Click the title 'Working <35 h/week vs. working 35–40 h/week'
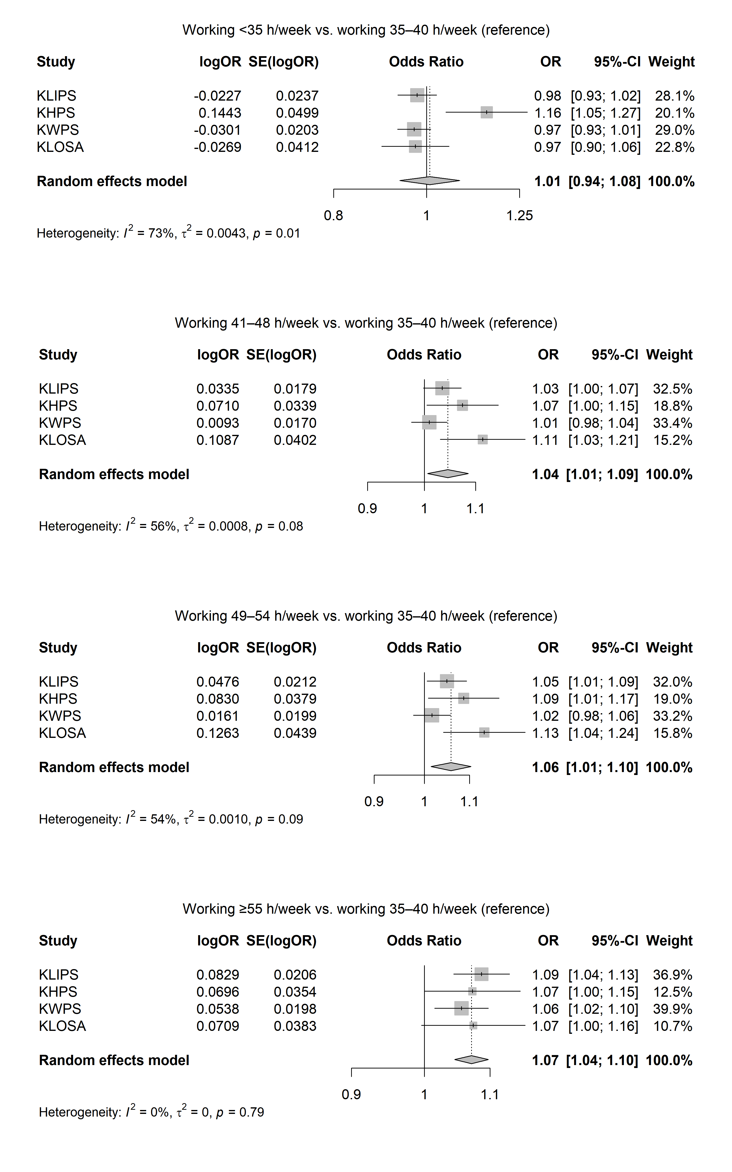(366, 30)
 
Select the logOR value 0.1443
(220, 113)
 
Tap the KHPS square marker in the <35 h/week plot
(487, 112)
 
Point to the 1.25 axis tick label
(519, 216)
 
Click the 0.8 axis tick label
(334, 216)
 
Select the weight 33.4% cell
(672, 423)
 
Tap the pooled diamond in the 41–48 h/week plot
(448, 474)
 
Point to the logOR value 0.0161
(218, 716)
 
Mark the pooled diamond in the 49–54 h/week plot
(451, 767)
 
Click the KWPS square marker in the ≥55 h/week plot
(461, 1008)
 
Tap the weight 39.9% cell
(672, 1009)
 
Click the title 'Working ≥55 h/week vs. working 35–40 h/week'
(366, 909)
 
